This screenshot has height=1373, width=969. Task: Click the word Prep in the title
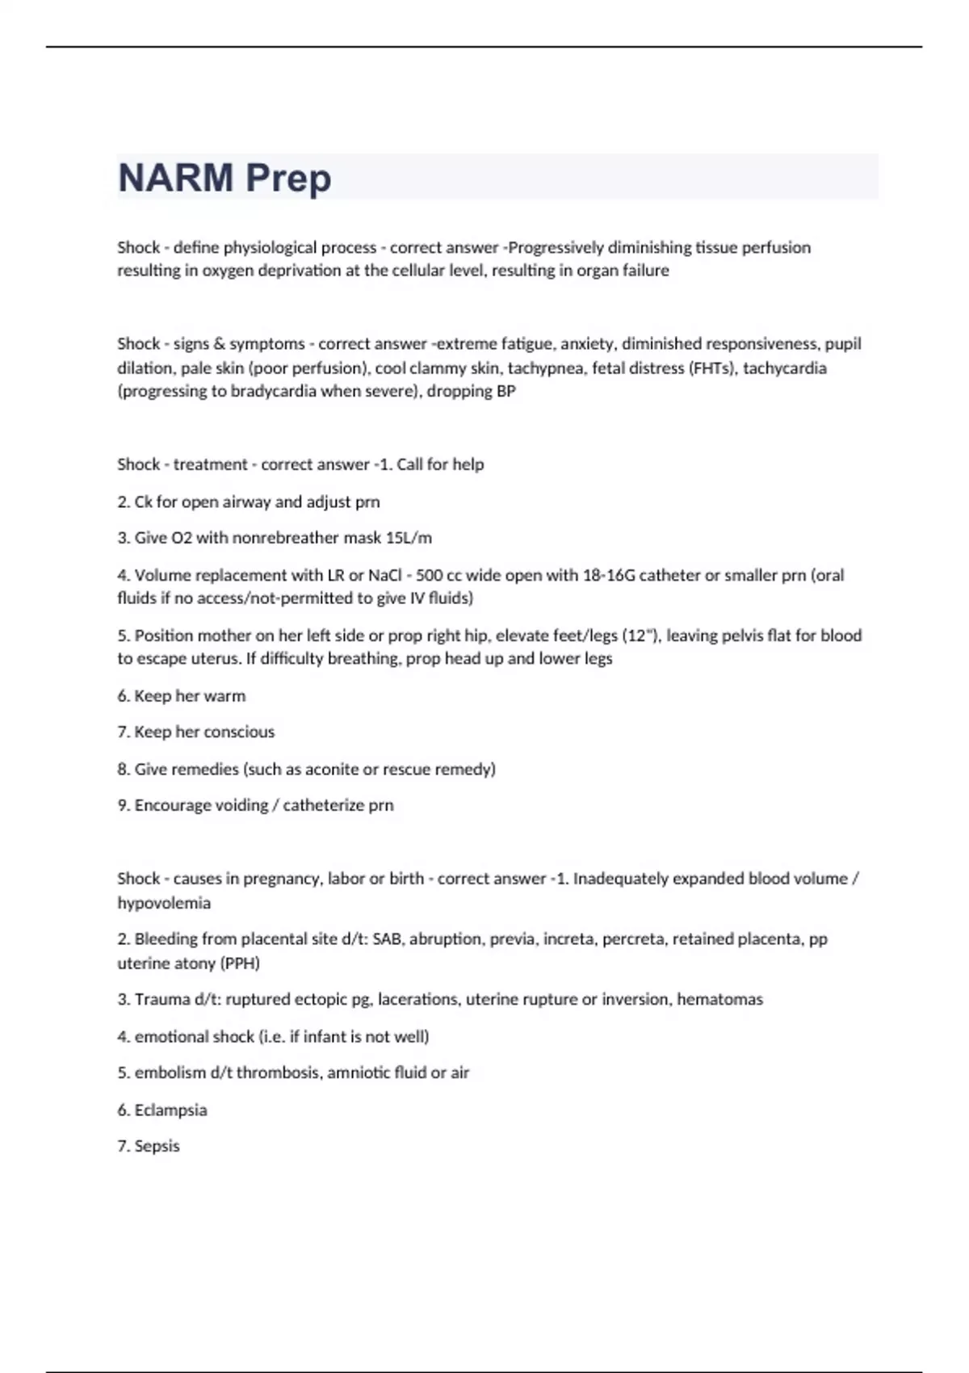click(288, 178)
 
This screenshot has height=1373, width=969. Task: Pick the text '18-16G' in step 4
click(608, 575)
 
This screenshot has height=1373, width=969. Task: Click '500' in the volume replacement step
click(429, 575)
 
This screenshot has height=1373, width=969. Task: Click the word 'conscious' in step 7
click(239, 732)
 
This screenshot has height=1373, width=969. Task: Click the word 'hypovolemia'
click(164, 903)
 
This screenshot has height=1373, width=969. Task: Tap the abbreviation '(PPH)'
click(241, 964)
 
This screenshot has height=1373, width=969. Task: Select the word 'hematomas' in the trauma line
click(719, 1000)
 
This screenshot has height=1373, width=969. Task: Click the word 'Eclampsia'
click(170, 1111)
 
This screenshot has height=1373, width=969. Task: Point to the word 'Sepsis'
click(157, 1146)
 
